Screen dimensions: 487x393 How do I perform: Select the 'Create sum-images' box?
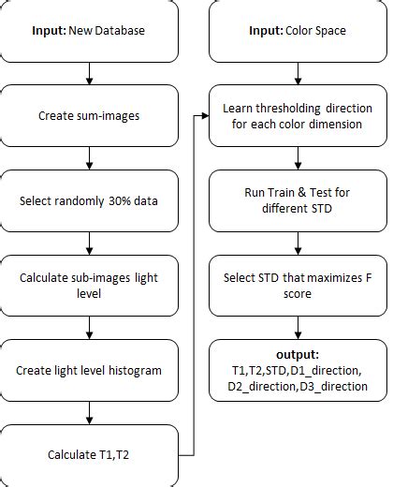click(89, 116)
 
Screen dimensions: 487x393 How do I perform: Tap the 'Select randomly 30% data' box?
click(89, 201)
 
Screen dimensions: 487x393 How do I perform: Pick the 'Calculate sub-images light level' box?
click(89, 286)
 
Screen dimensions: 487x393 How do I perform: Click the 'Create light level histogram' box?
click(89, 370)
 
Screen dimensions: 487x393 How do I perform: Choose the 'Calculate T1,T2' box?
click(89, 455)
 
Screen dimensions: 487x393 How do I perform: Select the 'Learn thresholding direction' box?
click(297, 116)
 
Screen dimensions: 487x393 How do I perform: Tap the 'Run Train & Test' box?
click(297, 201)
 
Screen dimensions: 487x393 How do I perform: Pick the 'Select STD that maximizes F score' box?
click(297, 286)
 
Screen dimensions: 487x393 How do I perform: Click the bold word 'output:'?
click(297, 355)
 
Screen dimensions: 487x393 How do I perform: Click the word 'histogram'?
click(130, 370)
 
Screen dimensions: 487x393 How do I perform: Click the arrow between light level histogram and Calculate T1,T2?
click(89, 413)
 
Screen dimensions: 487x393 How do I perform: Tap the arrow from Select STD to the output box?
click(297, 327)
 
